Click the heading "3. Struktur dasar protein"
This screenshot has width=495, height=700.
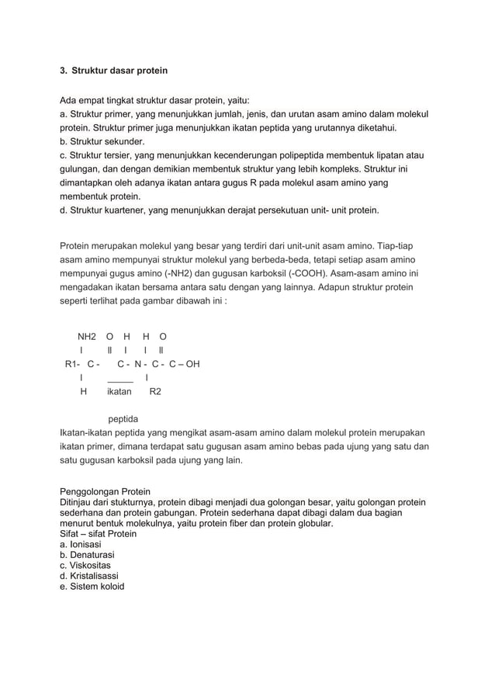(x=113, y=71)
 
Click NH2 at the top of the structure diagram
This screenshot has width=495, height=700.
(x=87, y=337)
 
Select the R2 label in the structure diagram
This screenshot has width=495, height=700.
(x=155, y=392)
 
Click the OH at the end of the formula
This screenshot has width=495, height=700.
(x=192, y=363)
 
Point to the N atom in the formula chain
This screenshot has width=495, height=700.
(x=138, y=363)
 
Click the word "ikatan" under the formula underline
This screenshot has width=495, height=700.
(x=119, y=392)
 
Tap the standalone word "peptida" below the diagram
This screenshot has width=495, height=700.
(x=124, y=419)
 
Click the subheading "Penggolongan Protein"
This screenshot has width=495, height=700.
(x=105, y=492)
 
